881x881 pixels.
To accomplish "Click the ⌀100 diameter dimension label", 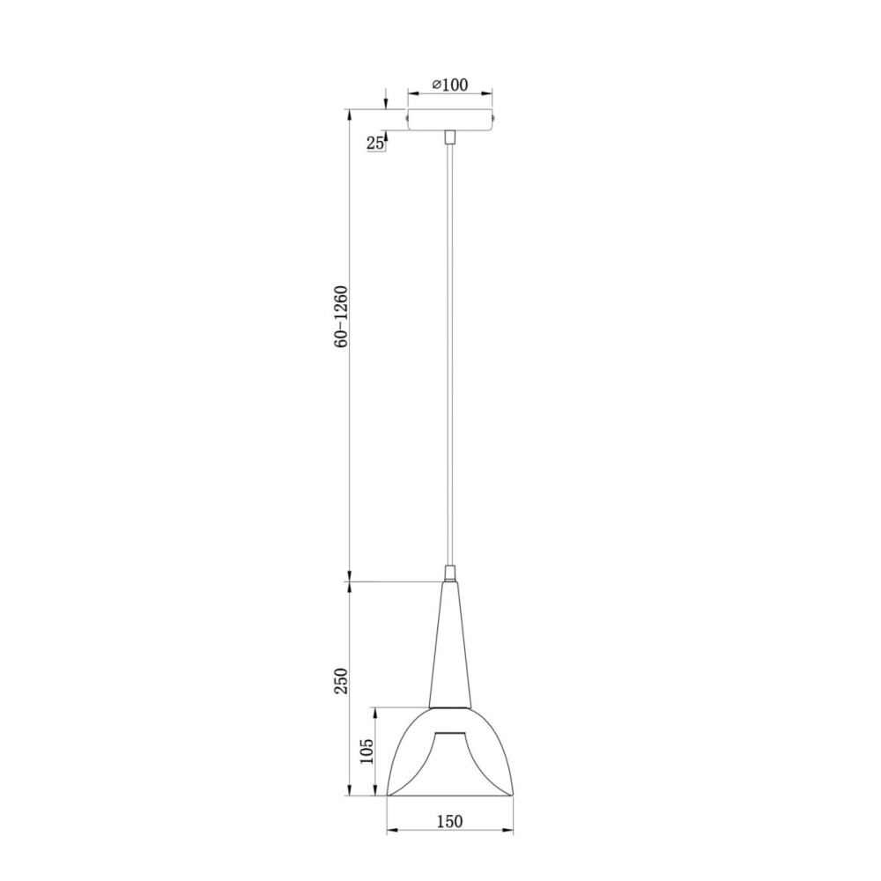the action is pyautogui.click(x=449, y=85).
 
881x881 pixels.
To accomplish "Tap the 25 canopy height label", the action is pyautogui.click(x=374, y=144).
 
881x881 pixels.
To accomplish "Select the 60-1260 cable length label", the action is pyautogui.click(x=341, y=316).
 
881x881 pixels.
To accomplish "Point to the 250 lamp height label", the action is pyautogui.click(x=341, y=681).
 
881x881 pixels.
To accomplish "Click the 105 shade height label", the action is pyautogui.click(x=366, y=751).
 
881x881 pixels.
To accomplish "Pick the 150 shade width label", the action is pyautogui.click(x=449, y=822).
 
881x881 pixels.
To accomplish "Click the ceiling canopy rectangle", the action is pyautogui.click(x=449, y=119).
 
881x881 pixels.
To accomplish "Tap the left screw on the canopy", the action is pyautogui.click(x=405, y=118).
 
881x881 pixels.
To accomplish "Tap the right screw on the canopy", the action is pyautogui.click(x=494, y=118).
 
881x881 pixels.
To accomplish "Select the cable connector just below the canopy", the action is pyautogui.click(x=449, y=137).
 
